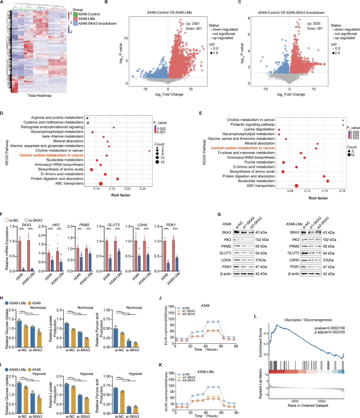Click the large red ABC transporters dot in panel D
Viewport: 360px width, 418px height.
100,183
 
